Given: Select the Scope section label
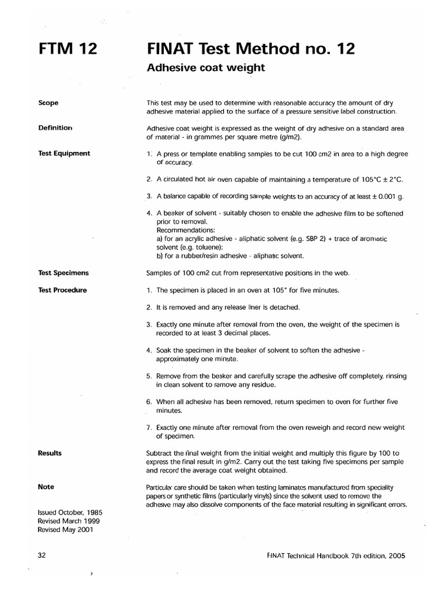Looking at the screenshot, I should coord(48,103).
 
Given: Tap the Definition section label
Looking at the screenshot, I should coord(55,128).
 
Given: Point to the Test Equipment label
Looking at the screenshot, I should coord(63,153).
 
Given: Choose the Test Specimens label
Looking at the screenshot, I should coord(63,273).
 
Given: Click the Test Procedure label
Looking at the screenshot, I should coord(62,290).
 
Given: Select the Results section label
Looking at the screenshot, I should coord(50,453).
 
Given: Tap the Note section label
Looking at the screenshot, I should coord(46,487).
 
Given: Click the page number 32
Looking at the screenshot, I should coord(42,556).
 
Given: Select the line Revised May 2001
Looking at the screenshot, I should coord(64,530).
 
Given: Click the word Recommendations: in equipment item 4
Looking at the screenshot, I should coord(184,230).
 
